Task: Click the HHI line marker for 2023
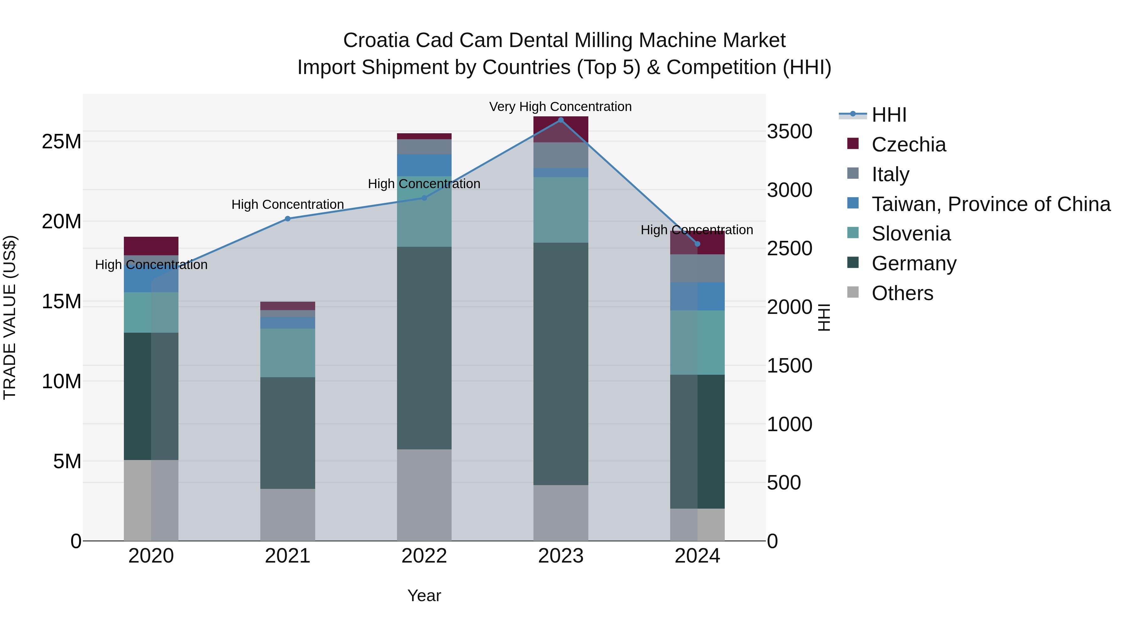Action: (x=560, y=120)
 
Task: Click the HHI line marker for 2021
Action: (x=288, y=219)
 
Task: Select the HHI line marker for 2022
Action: (x=424, y=198)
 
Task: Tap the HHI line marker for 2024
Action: (x=697, y=244)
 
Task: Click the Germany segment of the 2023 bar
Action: (x=560, y=364)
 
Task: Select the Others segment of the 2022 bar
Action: (x=424, y=495)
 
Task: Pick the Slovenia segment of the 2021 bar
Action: (x=288, y=353)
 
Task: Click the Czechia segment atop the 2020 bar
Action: (x=151, y=246)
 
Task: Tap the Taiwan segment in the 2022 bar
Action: (x=424, y=165)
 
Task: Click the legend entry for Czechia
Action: (x=908, y=145)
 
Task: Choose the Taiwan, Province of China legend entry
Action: (x=990, y=204)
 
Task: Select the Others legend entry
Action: (x=902, y=293)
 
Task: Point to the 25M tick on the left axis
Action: (x=61, y=141)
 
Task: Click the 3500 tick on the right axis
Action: (x=789, y=131)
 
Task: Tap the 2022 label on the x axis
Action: (x=424, y=556)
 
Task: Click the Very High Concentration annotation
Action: (x=560, y=107)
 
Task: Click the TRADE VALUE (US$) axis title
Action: (x=10, y=317)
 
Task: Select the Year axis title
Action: (x=424, y=595)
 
